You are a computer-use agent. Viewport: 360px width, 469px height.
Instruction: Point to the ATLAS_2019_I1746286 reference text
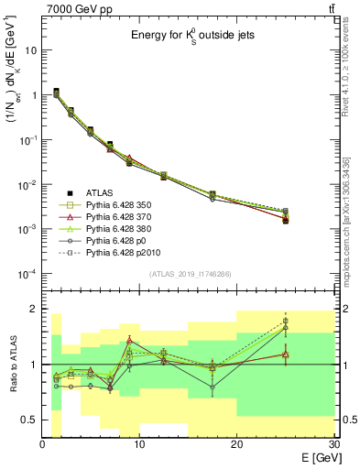pos(191,274)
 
